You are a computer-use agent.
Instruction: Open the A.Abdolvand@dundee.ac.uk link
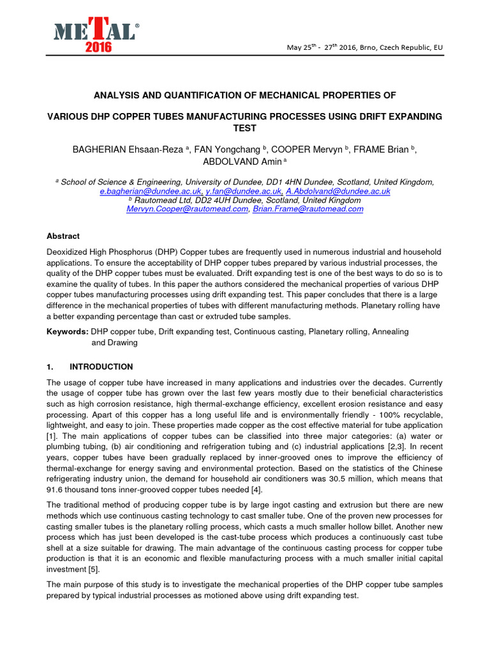[338, 191]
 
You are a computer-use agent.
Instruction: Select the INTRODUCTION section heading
[101, 367]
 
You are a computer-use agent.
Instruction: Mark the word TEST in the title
[245, 128]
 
